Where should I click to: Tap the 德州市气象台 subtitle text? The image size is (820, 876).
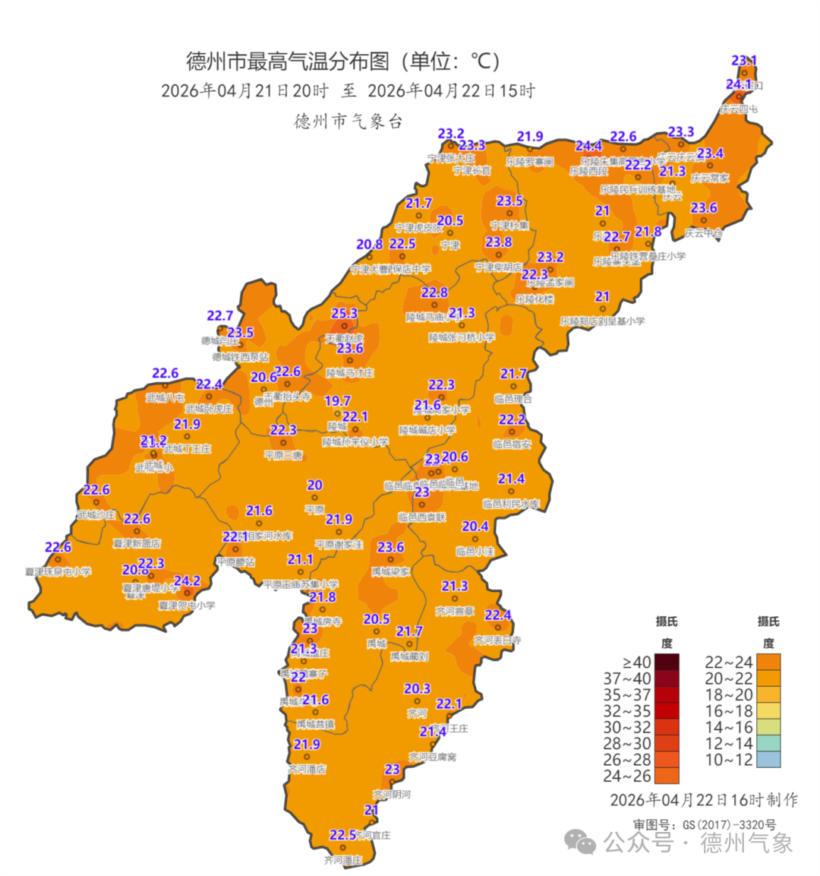[x=348, y=122]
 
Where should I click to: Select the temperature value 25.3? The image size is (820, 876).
[x=344, y=313]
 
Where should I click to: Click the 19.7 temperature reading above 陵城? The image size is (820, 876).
[x=337, y=400]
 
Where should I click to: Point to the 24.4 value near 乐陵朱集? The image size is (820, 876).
[x=588, y=146]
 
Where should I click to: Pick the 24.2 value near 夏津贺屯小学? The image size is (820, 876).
[x=187, y=581]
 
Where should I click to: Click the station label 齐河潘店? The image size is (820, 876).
[x=307, y=769]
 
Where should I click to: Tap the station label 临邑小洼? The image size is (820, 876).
[x=475, y=552]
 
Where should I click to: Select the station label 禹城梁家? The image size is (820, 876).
[x=390, y=571]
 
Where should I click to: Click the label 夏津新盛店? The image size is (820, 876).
[x=137, y=543]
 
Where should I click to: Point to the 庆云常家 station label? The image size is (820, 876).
[x=710, y=178]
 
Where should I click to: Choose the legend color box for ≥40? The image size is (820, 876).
[x=666, y=662]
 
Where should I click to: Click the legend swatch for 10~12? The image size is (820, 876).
[x=768, y=759]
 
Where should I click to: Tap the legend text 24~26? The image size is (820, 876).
[x=627, y=776]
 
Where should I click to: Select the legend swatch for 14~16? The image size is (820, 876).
[x=768, y=727]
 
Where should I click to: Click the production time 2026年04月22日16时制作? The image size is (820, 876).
[x=704, y=800]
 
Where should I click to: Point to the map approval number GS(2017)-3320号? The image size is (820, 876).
[x=728, y=824]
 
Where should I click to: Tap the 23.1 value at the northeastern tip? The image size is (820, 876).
[x=744, y=60]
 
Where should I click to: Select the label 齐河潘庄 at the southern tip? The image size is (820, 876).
[x=343, y=860]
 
